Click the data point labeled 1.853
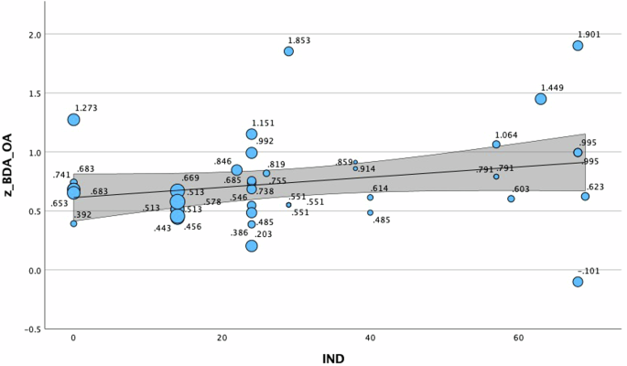288,51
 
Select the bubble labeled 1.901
578,46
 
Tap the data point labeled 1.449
541,99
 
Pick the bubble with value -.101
578,282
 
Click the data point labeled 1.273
73,120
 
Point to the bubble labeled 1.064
496,145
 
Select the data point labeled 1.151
252,135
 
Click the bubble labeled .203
252,246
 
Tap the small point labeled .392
73,223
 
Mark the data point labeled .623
585,197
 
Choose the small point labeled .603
511,199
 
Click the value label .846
222,161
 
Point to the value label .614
379,188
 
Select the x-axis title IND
333,358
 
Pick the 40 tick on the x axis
370,339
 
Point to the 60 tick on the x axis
518,339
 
